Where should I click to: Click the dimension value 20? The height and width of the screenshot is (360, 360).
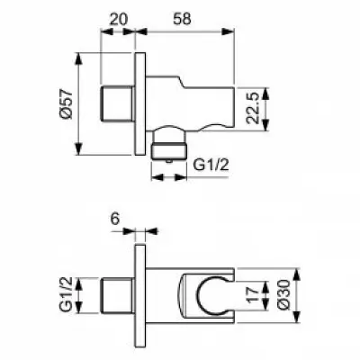[119, 19]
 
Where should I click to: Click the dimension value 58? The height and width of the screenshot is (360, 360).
[182, 19]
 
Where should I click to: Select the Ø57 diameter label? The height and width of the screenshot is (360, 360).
[66, 103]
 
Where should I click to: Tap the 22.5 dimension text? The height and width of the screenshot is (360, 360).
[252, 108]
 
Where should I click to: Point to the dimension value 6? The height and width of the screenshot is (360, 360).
[115, 220]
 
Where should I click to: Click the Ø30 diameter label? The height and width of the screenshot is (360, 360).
[283, 293]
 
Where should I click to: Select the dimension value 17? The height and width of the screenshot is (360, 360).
[253, 294]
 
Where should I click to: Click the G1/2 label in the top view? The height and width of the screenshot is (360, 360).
[211, 165]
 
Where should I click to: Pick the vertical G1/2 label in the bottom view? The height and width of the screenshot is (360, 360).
[66, 294]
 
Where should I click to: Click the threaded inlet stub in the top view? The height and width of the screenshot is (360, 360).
[117, 103]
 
